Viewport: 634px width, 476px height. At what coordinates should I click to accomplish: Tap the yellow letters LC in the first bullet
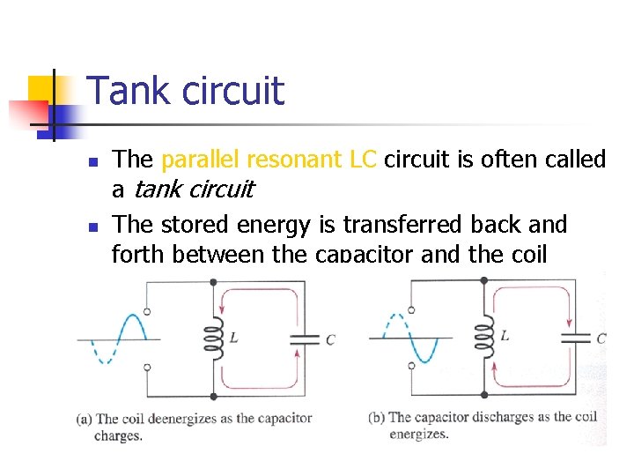point(363,160)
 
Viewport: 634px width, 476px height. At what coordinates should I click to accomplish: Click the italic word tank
point(156,189)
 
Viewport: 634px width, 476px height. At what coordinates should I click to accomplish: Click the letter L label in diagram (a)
point(232,336)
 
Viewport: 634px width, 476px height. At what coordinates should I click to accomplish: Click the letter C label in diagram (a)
point(330,339)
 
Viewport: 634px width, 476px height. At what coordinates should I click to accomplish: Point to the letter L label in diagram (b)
point(504,336)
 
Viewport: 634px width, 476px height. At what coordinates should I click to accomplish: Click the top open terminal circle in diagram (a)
point(146,311)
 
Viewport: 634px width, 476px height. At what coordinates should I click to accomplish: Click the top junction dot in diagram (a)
point(212,282)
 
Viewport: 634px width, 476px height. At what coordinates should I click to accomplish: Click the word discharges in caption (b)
point(505,418)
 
